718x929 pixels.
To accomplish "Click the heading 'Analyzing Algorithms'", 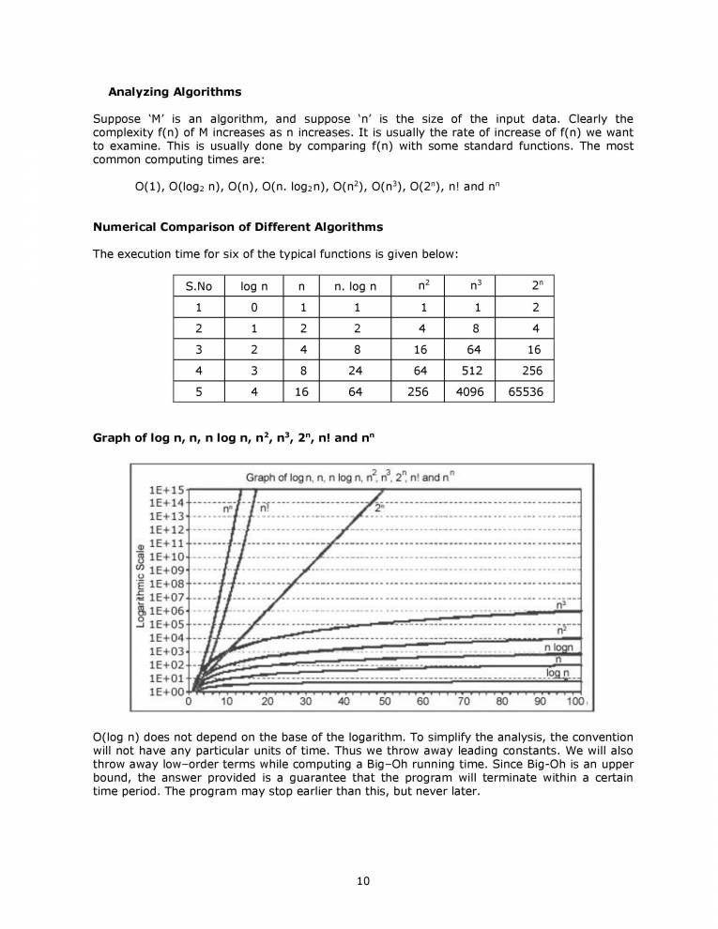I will coord(175,92).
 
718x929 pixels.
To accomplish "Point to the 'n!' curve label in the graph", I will coord(265,509).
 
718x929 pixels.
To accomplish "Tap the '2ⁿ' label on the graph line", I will coord(379,508).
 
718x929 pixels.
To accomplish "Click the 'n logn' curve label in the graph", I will coord(560,647).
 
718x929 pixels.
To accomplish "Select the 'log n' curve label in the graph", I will coord(558,673).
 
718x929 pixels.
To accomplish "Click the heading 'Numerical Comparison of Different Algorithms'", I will coord(237,227).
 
